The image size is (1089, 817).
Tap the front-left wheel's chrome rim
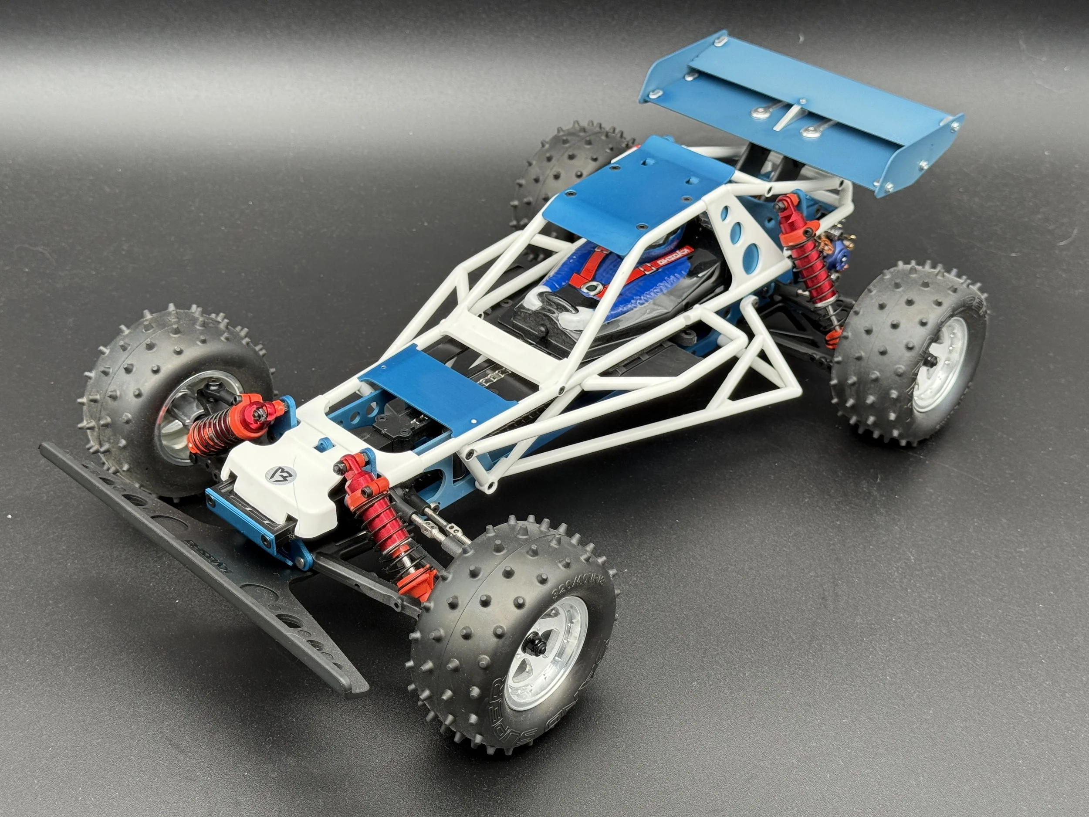tap(187, 414)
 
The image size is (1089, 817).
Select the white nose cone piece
tap(276, 488)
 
